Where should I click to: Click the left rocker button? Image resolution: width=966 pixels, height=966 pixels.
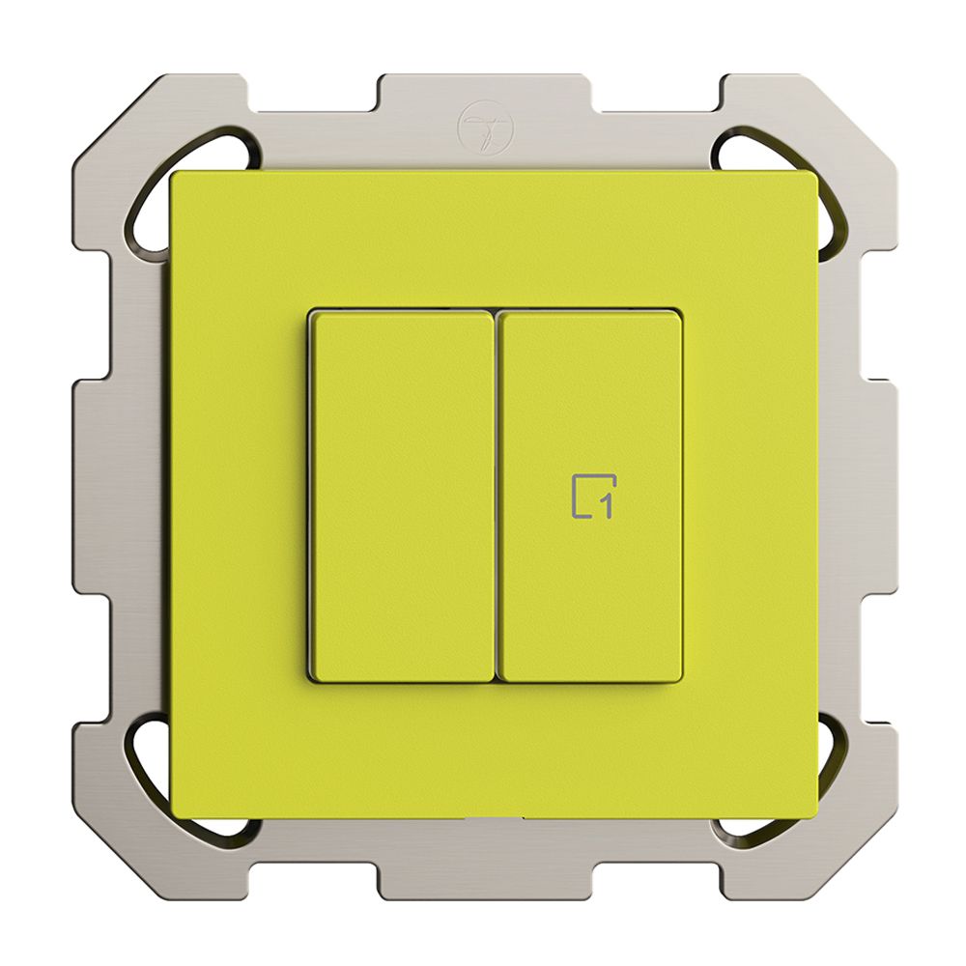(x=403, y=496)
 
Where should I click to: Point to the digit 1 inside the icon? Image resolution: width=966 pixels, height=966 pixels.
(x=608, y=505)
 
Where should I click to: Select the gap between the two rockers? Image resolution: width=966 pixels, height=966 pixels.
(x=497, y=496)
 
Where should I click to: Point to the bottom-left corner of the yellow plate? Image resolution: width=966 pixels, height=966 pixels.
(x=174, y=814)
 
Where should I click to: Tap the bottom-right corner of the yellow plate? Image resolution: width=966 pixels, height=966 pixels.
(x=813, y=814)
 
